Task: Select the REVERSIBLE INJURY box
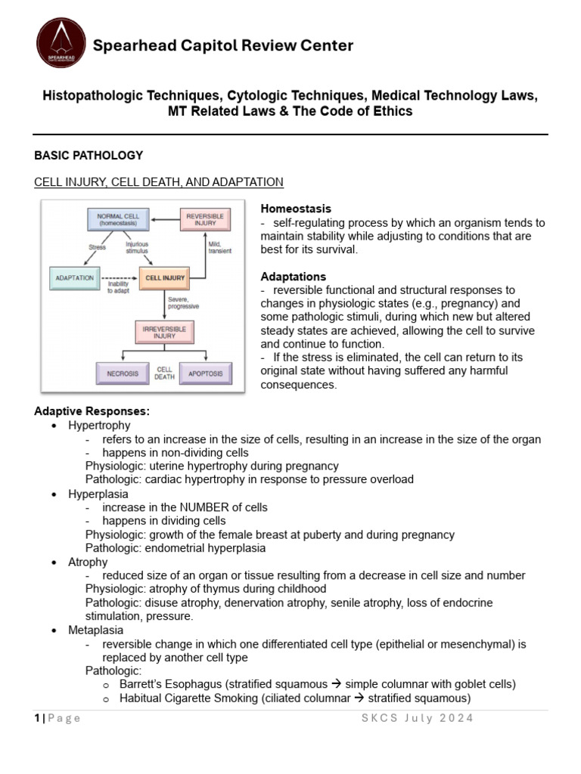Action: coord(205,220)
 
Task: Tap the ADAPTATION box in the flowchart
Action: coord(75,277)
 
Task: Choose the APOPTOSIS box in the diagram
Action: coord(205,373)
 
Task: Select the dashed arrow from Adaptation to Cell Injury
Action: coord(118,277)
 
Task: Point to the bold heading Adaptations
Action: coord(293,277)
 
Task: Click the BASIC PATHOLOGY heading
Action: coord(89,155)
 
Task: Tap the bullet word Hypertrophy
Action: coord(99,426)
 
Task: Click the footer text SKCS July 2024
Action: coord(417,718)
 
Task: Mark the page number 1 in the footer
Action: coord(37,718)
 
